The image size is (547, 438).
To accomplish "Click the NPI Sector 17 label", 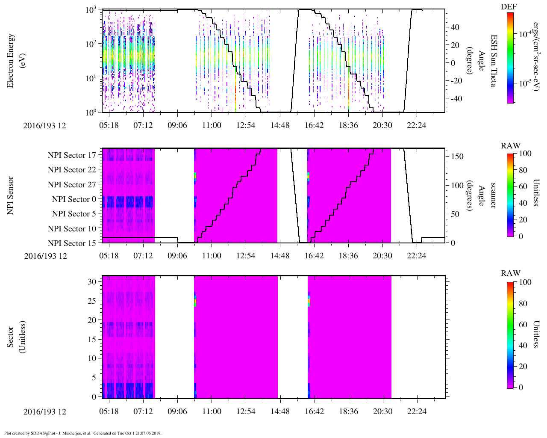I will [72, 155].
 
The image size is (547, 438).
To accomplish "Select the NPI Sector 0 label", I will [74, 199].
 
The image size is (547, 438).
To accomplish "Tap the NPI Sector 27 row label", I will [72, 185].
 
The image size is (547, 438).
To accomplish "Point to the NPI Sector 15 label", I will [72, 243].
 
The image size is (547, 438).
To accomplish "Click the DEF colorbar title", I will [509, 7].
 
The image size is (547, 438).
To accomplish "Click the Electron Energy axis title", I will [15, 61].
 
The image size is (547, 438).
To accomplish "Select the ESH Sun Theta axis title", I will [493, 61].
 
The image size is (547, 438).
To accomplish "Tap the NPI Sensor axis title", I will [10, 195].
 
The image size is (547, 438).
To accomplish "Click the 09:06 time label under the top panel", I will [177, 125].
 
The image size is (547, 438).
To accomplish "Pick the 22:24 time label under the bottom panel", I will [416, 411].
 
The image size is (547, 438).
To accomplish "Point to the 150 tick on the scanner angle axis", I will [457, 157].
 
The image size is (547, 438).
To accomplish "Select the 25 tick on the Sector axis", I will [92, 301].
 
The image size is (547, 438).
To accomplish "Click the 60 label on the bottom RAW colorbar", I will [523, 324].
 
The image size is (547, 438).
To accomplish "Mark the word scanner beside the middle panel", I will [493, 195].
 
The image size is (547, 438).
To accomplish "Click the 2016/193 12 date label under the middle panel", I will [45, 256].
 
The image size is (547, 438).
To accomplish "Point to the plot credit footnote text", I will [82, 433].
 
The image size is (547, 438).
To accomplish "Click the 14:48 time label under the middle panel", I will [280, 256].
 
